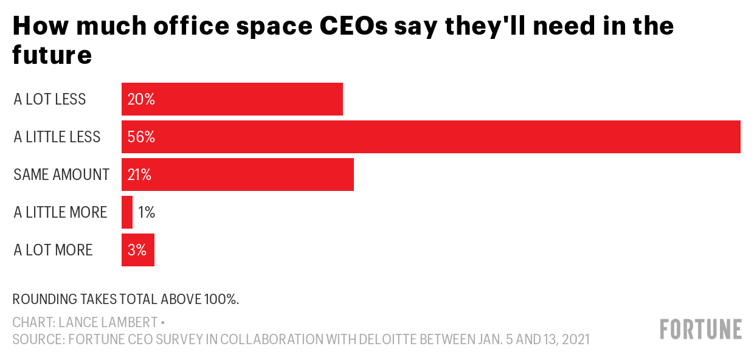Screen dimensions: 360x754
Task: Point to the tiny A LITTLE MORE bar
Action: [x=127, y=212]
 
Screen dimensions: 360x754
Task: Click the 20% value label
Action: [x=141, y=99]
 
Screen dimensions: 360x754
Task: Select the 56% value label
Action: [x=141, y=137]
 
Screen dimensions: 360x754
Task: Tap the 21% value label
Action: [x=139, y=175]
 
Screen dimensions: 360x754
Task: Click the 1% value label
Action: [x=147, y=212]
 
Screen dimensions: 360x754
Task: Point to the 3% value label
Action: [x=137, y=250]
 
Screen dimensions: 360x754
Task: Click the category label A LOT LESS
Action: [x=50, y=99]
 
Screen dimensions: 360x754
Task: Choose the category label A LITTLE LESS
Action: [x=57, y=137]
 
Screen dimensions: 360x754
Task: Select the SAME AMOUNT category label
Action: [x=61, y=175]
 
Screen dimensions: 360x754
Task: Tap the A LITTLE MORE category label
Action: [x=60, y=212]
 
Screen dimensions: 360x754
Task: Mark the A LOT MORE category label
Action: [x=53, y=250]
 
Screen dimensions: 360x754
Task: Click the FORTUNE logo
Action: [x=700, y=329]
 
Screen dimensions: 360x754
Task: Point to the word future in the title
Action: [x=52, y=55]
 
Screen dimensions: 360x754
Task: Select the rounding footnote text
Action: [x=126, y=299]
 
